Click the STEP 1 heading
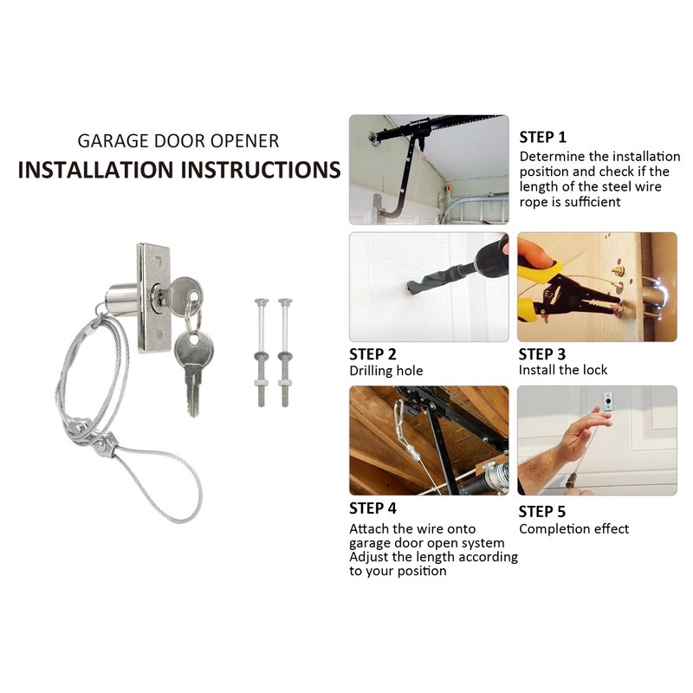pos(542,137)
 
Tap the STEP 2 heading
pos(372,354)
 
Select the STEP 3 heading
pos(542,354)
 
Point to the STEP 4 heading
pos(372,508)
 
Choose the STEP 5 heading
pos(542,511)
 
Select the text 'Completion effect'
pos(573,528)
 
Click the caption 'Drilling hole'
pos(385,371)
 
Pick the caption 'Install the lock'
pos(563,370)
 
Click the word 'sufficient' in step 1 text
pos(592,202)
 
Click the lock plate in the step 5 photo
pos(609,401)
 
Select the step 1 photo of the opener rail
pos(429,169)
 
